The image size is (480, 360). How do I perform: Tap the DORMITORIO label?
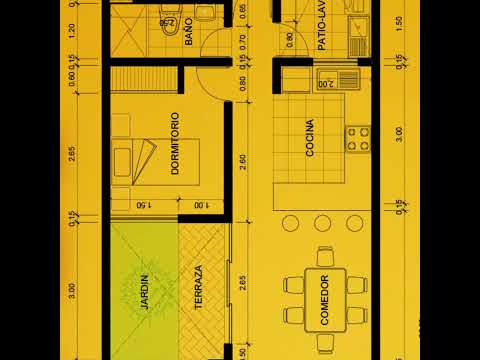point(175,143)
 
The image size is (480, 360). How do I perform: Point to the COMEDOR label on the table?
point(325,298)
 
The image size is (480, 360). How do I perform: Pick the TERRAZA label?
point(198,287)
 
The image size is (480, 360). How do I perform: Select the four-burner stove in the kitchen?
point(357,139)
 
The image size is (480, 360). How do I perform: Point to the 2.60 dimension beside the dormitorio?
point(243,158)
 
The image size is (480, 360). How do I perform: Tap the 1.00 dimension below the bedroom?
point(201,206)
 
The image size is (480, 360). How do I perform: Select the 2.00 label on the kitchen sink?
point(326,85)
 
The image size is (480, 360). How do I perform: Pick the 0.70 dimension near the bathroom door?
point(243,42)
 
